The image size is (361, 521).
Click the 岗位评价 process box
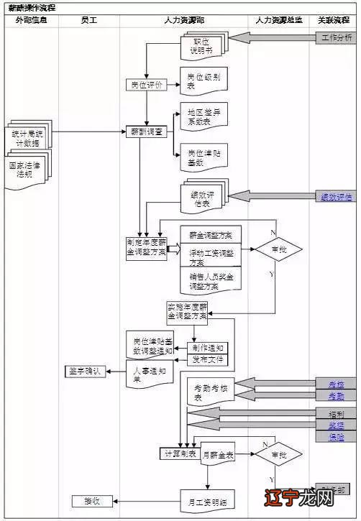(146, 85)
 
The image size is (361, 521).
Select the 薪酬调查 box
(147, 132)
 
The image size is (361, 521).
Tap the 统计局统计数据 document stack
(29, 137)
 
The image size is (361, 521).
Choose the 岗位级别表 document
(202, 80)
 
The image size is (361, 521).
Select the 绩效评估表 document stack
(203, 197)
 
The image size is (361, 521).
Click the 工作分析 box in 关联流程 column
(337, 37)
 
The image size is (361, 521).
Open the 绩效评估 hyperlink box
(336, 196)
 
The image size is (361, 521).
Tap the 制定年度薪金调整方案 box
(146, 247)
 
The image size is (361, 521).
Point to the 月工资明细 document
(206, 500)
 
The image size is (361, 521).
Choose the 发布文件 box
(209, 357)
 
